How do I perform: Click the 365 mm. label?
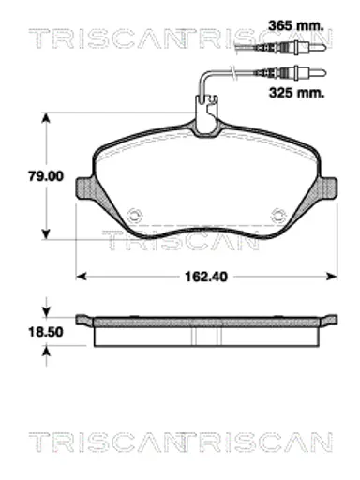click(x=295, y=25)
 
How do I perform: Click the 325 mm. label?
click(x=296, y=93)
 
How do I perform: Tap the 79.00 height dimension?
click(x=46, y=176)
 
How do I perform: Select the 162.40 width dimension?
click(x=206, y=277)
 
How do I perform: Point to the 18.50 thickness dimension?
click(x=46, y=332)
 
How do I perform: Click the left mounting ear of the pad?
click(x=85, y=188)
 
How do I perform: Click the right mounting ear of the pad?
click(x=327, y=187)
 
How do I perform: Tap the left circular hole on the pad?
click(x=135, y=215)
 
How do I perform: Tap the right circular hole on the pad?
click(x=277, y=215)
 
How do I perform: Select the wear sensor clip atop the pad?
click(x=205, y=114)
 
